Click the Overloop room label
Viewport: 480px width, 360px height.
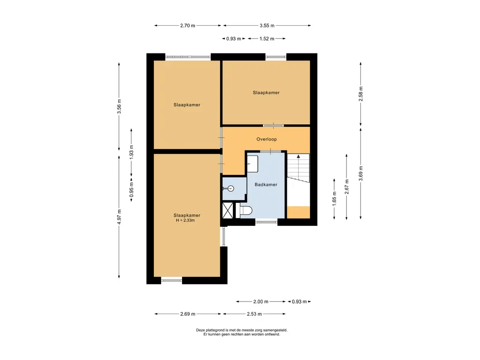pos(266,139)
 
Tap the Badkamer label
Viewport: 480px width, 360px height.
pos(266,185)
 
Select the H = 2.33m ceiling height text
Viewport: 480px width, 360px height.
pos(185,220)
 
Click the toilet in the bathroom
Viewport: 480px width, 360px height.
pos(246,210)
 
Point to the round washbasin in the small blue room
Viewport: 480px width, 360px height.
pos(231,188)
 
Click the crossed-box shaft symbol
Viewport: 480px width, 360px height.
pos(227,210)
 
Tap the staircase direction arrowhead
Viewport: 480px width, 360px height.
pos(299,156)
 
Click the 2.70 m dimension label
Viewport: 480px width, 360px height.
pos(187,26)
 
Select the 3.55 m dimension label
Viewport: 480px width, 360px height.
pos(267,26)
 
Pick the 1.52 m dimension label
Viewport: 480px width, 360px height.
pos(267,38)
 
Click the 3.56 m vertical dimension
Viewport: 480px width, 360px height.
pos(119,106)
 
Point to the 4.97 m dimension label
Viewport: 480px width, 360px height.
pos(119,217)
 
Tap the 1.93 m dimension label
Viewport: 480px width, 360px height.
pos(131,152)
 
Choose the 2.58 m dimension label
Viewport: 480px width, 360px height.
pos(360,94)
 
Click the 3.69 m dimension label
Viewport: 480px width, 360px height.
pos(360,173)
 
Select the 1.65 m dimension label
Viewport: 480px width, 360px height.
pos(334,199)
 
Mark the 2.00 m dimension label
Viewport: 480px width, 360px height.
pos(261,301)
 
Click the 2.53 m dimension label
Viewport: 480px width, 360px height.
pos(255,314)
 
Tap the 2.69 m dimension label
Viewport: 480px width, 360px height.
pos(187,314)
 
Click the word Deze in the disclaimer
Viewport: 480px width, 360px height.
pos(200,330)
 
